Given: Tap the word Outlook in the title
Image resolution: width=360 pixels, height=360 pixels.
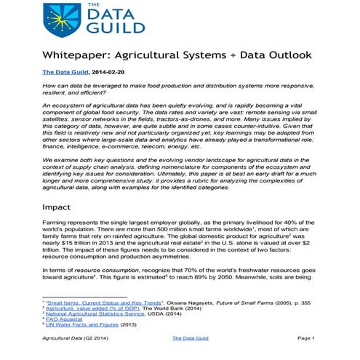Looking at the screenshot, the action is [x=286, y=55].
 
